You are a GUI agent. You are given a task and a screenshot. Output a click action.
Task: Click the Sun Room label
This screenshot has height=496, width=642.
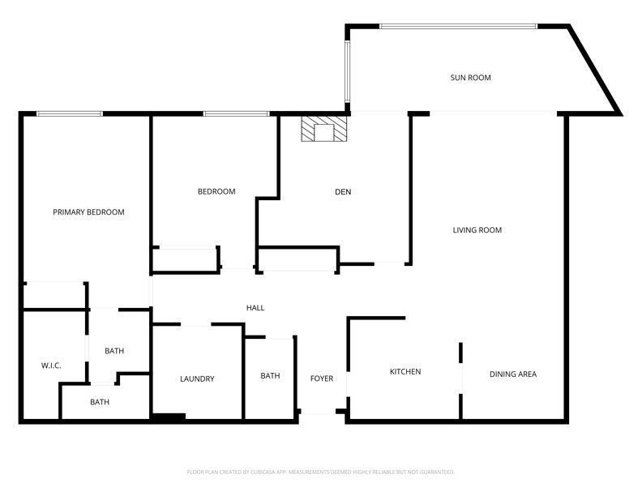tap(470, 78)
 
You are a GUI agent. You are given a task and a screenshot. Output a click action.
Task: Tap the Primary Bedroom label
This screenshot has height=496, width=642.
tap(88, 212)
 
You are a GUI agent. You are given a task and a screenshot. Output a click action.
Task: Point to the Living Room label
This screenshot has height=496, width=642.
tap(477, 230)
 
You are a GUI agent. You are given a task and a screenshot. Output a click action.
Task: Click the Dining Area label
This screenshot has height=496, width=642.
tap(512, 374)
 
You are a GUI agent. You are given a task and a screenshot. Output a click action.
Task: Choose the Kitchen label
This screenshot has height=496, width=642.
tap(405, 372)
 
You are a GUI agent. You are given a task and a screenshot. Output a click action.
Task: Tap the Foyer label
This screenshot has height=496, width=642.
tap(322, 378)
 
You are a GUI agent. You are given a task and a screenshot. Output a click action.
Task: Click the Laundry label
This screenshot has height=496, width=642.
tap(197, 378)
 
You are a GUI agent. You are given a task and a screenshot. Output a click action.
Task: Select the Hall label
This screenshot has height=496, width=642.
tap(255, 308)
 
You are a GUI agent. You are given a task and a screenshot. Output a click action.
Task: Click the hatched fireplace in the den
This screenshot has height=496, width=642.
tap(323, 130)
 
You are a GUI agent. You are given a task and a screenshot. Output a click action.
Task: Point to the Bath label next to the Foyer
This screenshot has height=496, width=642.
tap(270, 376)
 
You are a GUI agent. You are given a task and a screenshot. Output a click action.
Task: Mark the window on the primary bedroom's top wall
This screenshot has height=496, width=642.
tap(70, 113)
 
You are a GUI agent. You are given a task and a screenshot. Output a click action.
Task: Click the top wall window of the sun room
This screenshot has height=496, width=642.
tap(458, 26)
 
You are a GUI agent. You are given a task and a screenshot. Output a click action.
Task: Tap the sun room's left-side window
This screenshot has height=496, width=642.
tap(348, 70)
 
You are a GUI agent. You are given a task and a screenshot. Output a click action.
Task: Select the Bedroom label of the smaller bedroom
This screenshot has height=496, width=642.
tap(216, 192)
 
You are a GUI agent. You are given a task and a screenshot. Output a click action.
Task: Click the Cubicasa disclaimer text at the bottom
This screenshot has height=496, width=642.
tap(321, 472)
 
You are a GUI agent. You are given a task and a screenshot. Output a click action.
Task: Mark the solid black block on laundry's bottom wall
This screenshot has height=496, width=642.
tap(169, 417)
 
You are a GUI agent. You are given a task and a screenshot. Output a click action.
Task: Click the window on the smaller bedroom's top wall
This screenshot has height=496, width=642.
tap(237, 113)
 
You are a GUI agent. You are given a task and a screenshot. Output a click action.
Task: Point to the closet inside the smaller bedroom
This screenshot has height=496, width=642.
tap(185, 259)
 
